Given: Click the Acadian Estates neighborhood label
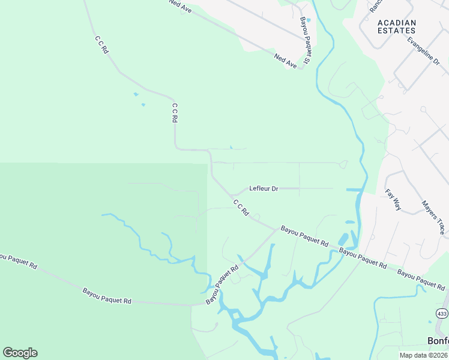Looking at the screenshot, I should click(x=396, y=26).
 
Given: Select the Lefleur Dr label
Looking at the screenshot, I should click(x=264, y=188).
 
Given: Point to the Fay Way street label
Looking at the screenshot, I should click(x=393, y=200).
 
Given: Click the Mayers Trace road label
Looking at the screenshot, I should click(x=433, y=217).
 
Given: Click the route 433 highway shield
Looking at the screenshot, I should click(x=442, y=314).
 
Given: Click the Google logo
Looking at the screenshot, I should click(x=20, y=353).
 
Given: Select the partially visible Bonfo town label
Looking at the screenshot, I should click(x=438, y=340).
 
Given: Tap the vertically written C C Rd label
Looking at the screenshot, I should click(x=175, y=113).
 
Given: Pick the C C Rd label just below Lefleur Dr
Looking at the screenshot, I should click(x=241, y=208).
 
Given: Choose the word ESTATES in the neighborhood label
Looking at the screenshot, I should click(x=396, y=30).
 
